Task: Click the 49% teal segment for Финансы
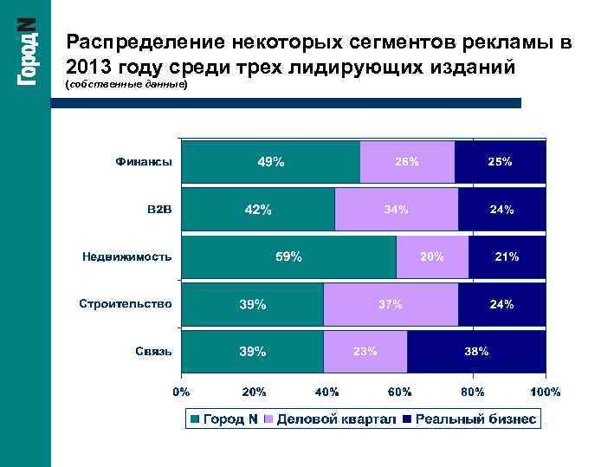coord(270,162)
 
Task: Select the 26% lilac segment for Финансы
coord(407,162)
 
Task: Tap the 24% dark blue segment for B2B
coord(502,209)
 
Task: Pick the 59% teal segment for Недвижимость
coord(289,256)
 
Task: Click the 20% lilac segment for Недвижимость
coord(432,256)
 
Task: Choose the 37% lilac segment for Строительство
coord(391,304)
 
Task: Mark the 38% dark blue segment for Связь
coord(477,352)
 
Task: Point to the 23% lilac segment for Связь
coord(365,352)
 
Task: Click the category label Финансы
coord(144,162)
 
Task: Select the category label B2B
coord(159,209)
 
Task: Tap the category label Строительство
coord(126,304)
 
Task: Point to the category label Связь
coord(153,352)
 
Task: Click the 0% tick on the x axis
coord(181,392)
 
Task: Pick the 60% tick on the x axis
coord(399,392)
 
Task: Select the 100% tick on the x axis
coord(545,392)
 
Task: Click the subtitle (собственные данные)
coord(126,87)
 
